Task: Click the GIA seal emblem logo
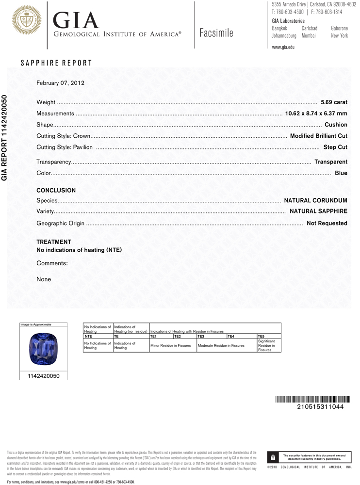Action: coord(26,19)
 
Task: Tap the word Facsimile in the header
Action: coord(216,33)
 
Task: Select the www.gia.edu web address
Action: coord(283,47)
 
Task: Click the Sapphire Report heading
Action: coord(56,63)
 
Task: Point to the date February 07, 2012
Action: coord(61,83)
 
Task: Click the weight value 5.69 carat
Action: coord(334,102)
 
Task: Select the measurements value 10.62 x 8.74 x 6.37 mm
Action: coord(316,113)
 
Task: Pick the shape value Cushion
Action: coord(336,125)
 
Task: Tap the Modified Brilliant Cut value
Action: coord(318,136)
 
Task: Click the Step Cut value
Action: coord(335,147)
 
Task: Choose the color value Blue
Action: coord(341,173)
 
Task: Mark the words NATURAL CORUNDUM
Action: coord(315,200)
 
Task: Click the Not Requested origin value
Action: coord(327,223)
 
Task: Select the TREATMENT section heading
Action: coord(54,242)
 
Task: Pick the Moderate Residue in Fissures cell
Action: coord(221,346)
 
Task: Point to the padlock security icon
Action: coord(273,457)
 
